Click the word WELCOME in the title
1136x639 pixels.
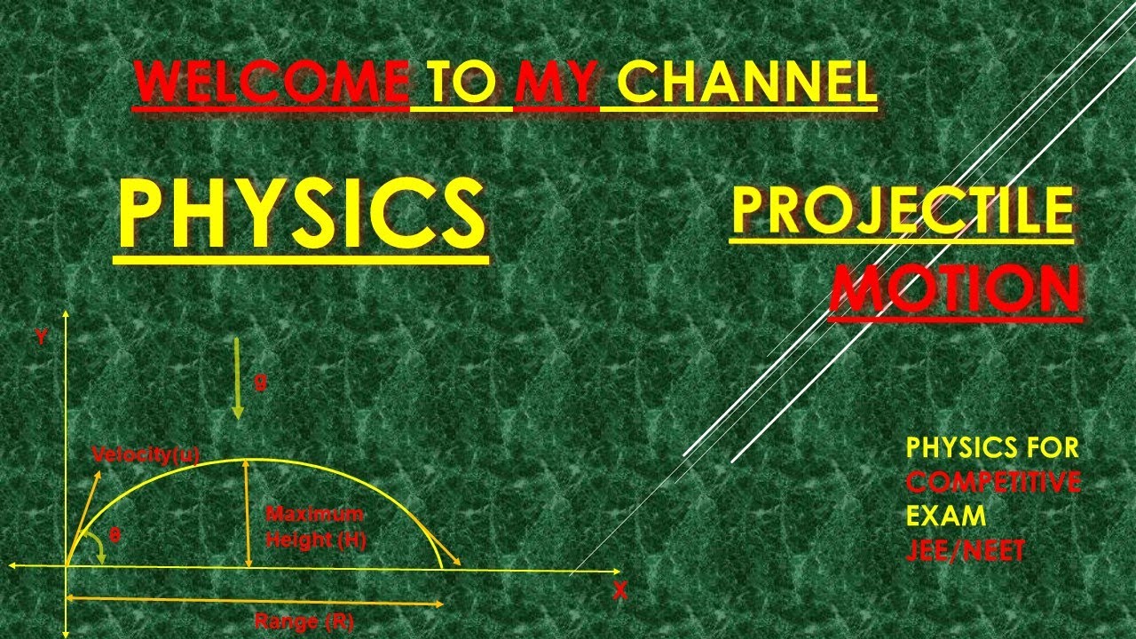[272, 83]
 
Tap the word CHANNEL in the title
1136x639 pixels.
[746, 83]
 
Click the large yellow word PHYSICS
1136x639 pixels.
[302, 214]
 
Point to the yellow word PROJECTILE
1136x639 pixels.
[902, 211]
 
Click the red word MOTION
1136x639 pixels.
[955, 288]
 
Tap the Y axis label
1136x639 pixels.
[41, 336]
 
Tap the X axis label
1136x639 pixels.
[619, 591]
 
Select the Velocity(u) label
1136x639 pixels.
[146, 455]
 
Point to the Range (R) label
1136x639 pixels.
[304, 621]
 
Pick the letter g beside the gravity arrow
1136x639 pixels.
[260, 383]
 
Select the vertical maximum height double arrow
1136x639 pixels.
[248, 513]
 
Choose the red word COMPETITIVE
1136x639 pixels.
[993, 482]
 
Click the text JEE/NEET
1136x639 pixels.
[966, 551]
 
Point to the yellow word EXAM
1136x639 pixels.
[946, 516]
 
